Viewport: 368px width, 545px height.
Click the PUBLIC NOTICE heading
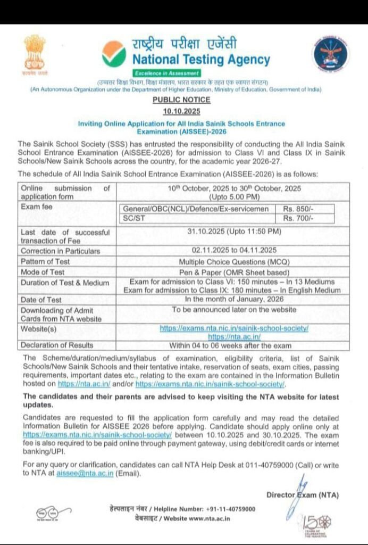click(x=181, y=100)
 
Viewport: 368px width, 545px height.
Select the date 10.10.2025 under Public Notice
click(x=181, y=110)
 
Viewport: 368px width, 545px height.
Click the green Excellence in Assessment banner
click(x=166, y=73)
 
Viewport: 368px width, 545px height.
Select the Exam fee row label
click(x=36, y=207)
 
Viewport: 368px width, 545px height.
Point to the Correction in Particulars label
click(x=60, y=251)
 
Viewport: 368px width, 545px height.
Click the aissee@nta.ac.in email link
click(x=84, y=474)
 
